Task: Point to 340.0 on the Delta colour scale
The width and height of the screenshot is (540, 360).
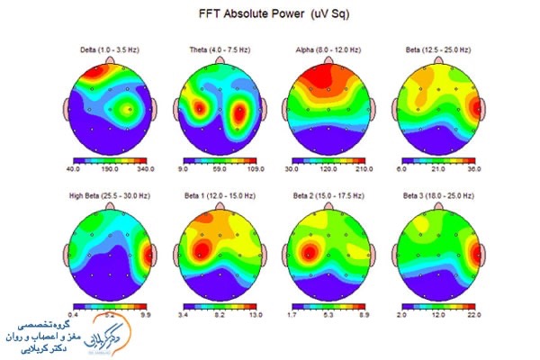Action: pos(145,167)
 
